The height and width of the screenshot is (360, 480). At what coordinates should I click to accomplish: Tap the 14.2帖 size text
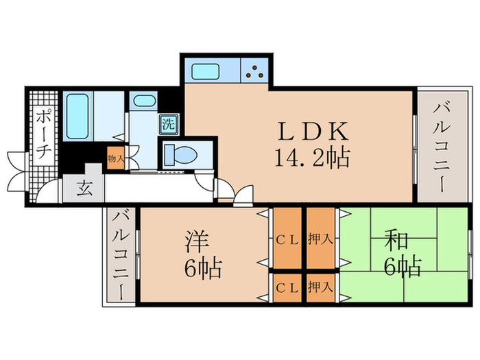[x=313, y=158]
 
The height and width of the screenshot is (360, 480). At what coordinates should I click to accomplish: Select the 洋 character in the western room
[x=196, y=242]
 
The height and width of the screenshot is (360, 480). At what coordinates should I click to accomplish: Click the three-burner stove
[x=255, y=71]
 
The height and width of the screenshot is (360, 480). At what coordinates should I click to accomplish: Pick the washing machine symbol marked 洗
[x=168, y=125]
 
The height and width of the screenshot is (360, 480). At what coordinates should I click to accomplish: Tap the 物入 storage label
[x=115, y=158]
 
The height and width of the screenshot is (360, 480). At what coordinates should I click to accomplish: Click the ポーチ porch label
[x=43, y=134]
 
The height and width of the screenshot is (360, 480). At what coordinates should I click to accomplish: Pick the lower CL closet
[x=287, y=287]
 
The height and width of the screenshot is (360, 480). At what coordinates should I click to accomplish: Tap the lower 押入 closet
[x=320, y=287]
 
